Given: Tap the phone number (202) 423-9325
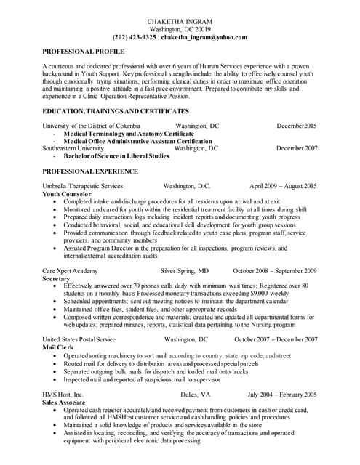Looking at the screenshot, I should tap(134, 36).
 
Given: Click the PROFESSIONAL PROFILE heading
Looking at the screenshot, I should tap(84, 52).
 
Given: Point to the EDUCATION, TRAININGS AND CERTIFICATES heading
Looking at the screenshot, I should tap(116, 110).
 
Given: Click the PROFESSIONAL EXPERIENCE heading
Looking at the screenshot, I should tap(90, 171).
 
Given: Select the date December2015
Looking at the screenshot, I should tap(297, 126).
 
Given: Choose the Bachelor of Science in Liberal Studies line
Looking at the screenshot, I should tap(116, 155).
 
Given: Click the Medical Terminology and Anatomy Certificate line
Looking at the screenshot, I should tap(129, 134).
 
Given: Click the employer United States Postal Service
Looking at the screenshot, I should tap(79, 339).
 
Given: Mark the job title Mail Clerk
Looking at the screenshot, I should tap(60, 347).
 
